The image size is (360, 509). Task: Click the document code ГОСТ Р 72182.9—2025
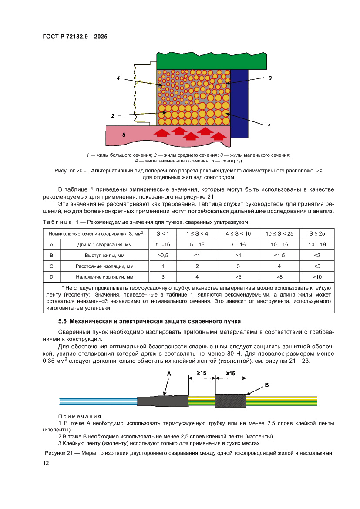pyautogui.click(x=75, y=37)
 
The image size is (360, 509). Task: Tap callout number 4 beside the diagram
pyautogui.click(x=118, y=78)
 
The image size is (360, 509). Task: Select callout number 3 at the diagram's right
pyautogui.click(x=270, y=78)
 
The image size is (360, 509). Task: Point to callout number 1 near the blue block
pyautogui.click(x=269, y=126)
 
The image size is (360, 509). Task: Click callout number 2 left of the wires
pyautogui.click(x=113, y=116)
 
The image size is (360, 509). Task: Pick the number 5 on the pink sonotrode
pyautogui.click(x=124, y=135)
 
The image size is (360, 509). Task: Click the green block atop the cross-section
pyautogui.click(x=211, y=61)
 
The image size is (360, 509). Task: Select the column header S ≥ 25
pyautogui.click(x=317, y=233)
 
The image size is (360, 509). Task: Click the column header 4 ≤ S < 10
pyautogui.click(x=238, y=233)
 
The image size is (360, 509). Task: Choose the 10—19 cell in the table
pyautogui.click(x=317, y=245)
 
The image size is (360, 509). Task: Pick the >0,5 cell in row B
pyautogui.click(x=163, y=255)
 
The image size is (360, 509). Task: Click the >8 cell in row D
pyautogui.click(x=279, y=276)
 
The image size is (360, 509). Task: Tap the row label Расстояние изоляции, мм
pyautogui.click(x=104, y=266)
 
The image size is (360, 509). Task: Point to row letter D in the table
pyautogui.click(x=51, y=276)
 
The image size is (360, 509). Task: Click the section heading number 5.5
pyautogui.click(x=63, y=322)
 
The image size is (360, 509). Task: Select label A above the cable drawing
pyautogui.click(x=169, y=374)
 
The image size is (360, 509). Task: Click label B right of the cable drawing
pyautogui.click(x=266, y=385)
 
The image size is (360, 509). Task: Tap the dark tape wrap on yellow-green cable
pyautogui.click(x=230, y=401)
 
